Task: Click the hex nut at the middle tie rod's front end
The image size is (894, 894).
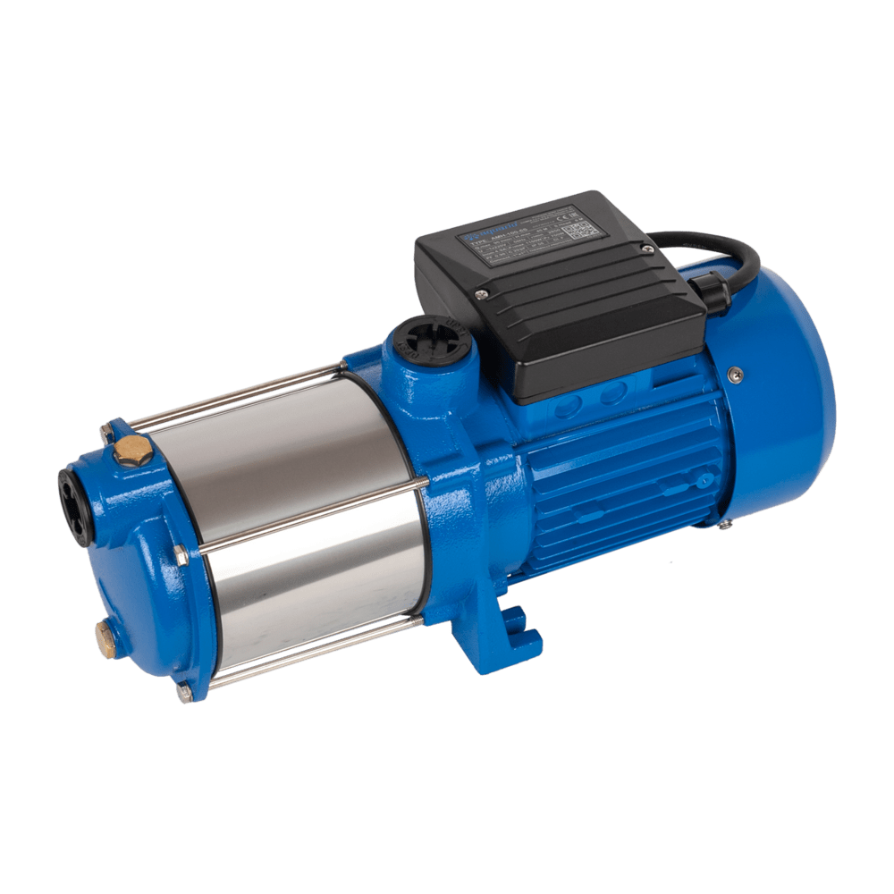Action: tap(181, 557)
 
